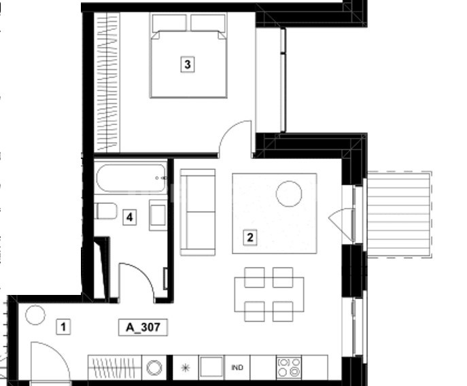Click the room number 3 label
coord(188,65)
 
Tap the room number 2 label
coord(250,237)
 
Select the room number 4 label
coord(130,217)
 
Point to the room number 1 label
coord(63,327)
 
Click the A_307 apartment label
coord(143,328)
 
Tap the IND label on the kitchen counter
coord(237,368)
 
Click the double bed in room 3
coord(188,56)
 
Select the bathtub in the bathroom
coord(131,178)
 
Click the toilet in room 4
coord(106,211)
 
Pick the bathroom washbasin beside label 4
coord(158,215)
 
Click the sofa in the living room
coord(198,212)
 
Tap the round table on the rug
coord(289,194)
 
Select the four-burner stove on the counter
coord(289,368)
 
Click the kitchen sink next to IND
coord(211,368)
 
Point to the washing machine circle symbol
coord(154,368)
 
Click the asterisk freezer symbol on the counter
coord(186,368)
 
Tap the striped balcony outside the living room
coord(400,214)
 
